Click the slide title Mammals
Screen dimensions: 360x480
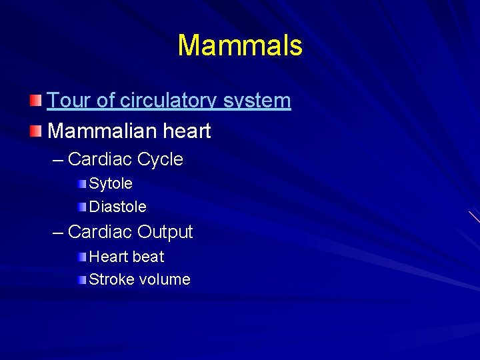[240, 46]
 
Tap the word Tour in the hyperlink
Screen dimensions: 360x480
[64, 101]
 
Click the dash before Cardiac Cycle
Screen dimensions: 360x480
[58, 160]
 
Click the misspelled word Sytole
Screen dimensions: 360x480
[111, 183]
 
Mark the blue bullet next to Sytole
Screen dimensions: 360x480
[81, 183]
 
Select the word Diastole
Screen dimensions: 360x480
[117, 207]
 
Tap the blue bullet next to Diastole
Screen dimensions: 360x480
[81, 207]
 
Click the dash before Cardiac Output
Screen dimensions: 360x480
[58, 233]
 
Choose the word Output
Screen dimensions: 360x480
[165, 232]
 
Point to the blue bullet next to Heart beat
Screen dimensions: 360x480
[81, 257]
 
